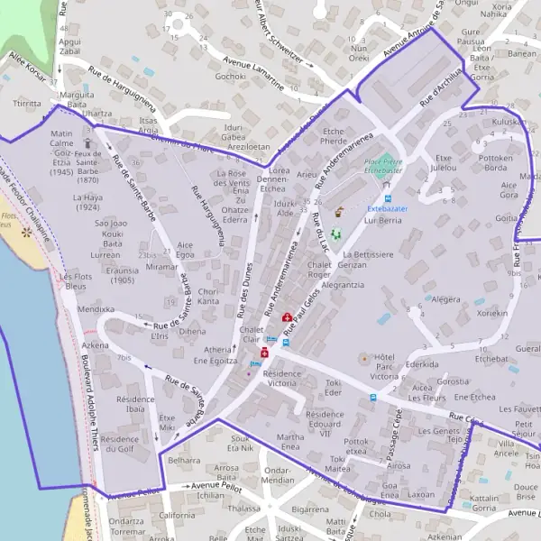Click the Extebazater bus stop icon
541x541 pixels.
click(x=388, y=198)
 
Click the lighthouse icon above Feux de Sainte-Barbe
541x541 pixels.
click(x=87, y=142)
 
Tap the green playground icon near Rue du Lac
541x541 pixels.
click(x=336, y=234)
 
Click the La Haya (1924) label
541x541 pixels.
click(x=88, y=202)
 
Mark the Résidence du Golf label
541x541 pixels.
click(x=120, y=444)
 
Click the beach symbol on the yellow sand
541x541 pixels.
click(x=25, y=232)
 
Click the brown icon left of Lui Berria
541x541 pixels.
click(x=339, y=214)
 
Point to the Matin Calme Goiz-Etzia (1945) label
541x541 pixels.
click(x=62, y=151)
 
